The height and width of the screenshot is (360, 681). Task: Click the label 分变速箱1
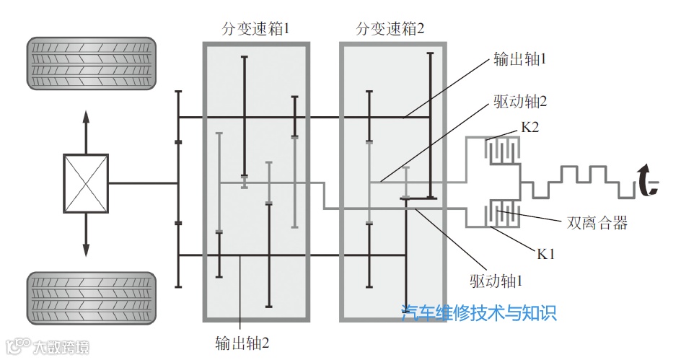tap(256, 30)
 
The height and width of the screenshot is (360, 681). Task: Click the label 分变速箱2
tap(390, 30)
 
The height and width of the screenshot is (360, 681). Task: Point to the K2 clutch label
tap(530, 128)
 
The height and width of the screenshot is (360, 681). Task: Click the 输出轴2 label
tap(242, 342)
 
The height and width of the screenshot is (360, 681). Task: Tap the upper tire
tap(92, 64)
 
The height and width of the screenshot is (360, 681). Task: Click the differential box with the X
tap(86, 183)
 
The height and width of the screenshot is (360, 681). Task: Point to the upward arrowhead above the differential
tap(86, 118)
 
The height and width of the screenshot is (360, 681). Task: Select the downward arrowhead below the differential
tap(86, 250)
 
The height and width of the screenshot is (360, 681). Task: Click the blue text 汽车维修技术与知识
tap(479, 313)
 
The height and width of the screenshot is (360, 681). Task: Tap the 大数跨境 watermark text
tap(61, 348)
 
